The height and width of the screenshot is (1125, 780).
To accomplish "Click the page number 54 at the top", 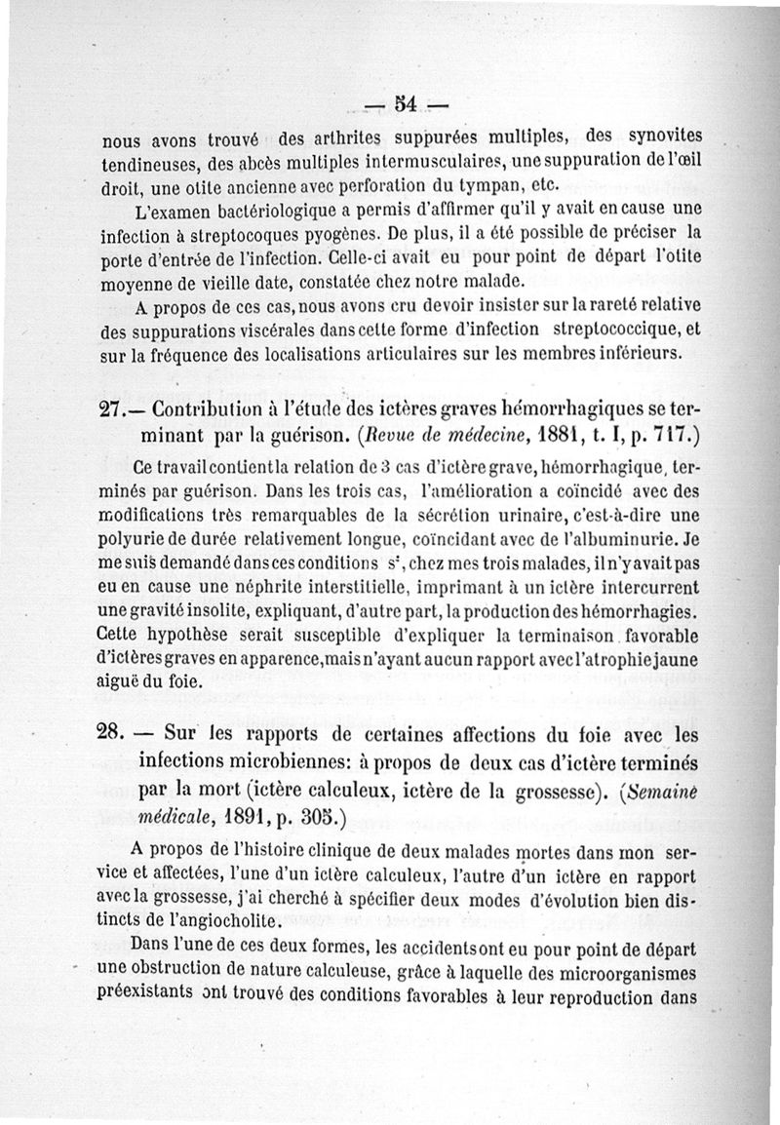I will click(x=405, y=102).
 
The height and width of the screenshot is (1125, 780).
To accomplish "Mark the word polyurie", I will click(x=139, y=538).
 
